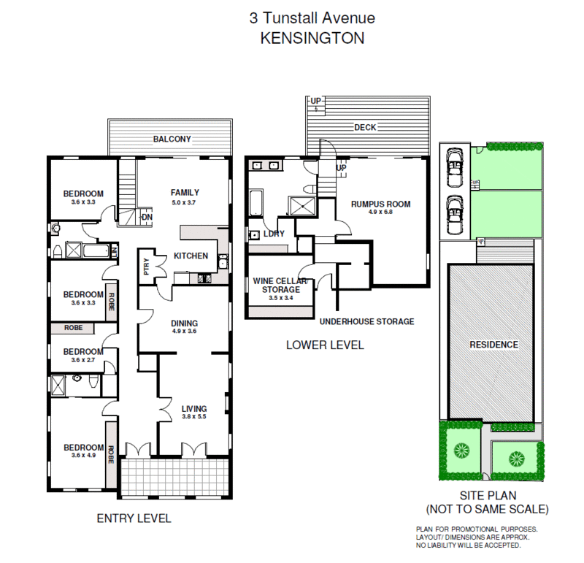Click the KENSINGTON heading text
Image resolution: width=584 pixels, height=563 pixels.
point(312,39)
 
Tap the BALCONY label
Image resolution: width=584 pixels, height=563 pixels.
point(172,139)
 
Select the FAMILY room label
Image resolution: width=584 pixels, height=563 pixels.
point(185,193)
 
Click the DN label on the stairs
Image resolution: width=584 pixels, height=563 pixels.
point(146,217)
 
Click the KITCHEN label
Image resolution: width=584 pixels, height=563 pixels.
point(191,256)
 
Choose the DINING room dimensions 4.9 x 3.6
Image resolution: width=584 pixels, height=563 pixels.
point(185,332)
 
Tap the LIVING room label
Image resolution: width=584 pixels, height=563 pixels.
point(195,409)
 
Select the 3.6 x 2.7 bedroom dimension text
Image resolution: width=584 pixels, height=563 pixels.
point(82,361)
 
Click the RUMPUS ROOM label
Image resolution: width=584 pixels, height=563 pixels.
point(380,204)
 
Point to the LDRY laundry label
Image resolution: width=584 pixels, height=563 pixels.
point(274,234)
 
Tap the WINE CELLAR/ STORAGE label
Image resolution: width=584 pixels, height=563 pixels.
point(280,286)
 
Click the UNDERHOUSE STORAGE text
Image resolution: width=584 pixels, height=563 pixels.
point(366,321)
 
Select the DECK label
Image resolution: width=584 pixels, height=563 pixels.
point(364,127)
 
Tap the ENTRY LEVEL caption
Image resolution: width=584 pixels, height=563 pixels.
point(134,518)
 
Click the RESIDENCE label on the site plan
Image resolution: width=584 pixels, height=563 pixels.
point(493,345)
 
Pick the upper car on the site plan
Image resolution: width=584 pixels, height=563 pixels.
point(454,169)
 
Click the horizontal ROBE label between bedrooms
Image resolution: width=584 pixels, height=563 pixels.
point(73,329)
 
